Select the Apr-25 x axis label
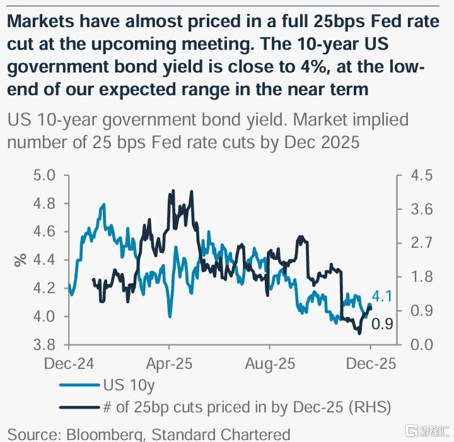point(169,364)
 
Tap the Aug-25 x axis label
point(271,364)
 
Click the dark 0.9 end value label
point(383,325)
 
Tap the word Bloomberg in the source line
point(101,434)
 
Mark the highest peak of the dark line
point(171,190)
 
